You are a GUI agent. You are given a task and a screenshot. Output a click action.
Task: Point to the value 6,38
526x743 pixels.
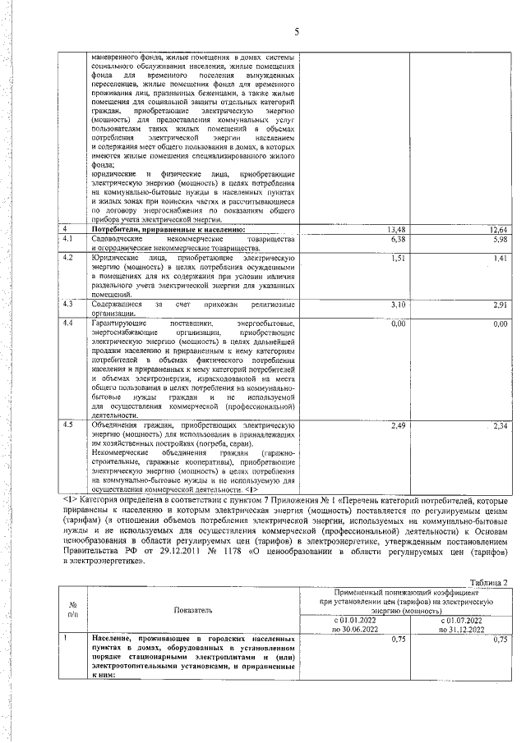(398, 239)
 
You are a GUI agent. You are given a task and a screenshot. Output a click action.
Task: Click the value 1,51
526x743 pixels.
(398, 258)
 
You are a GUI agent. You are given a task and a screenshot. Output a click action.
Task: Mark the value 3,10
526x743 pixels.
(398, 305)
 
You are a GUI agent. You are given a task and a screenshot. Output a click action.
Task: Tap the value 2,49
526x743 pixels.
(398, 425)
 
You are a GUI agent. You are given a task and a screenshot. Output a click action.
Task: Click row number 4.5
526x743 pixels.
(69, 425)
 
